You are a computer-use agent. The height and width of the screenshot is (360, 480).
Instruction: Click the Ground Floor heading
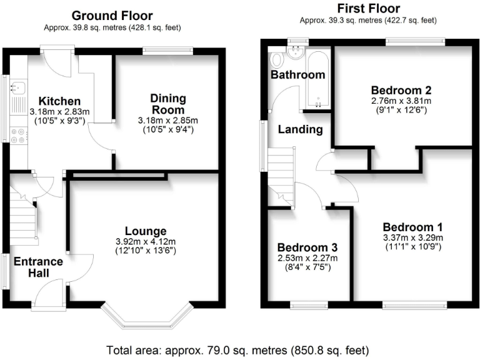(112, 15)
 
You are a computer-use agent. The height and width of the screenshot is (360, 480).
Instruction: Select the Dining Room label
(168, 104)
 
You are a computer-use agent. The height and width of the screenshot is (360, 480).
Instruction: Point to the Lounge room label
(145, 231)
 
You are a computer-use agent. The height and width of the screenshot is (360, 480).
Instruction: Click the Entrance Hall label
(39, 267)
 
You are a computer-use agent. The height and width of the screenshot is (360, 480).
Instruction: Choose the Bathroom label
(297, 75)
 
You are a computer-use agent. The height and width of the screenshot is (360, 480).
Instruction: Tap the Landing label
(300, 129)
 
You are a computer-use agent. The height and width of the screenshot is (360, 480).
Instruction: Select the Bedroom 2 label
(401, 89)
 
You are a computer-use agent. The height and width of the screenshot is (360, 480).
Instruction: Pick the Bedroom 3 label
(307, 247)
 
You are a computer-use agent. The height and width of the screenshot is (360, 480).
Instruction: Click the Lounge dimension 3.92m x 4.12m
(146, 242)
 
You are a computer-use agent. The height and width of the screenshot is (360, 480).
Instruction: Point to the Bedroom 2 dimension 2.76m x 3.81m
(401, 100)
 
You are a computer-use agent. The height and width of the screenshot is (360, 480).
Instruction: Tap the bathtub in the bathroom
(317, 79)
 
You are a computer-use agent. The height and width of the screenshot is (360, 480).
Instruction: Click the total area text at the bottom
(238, 349)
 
